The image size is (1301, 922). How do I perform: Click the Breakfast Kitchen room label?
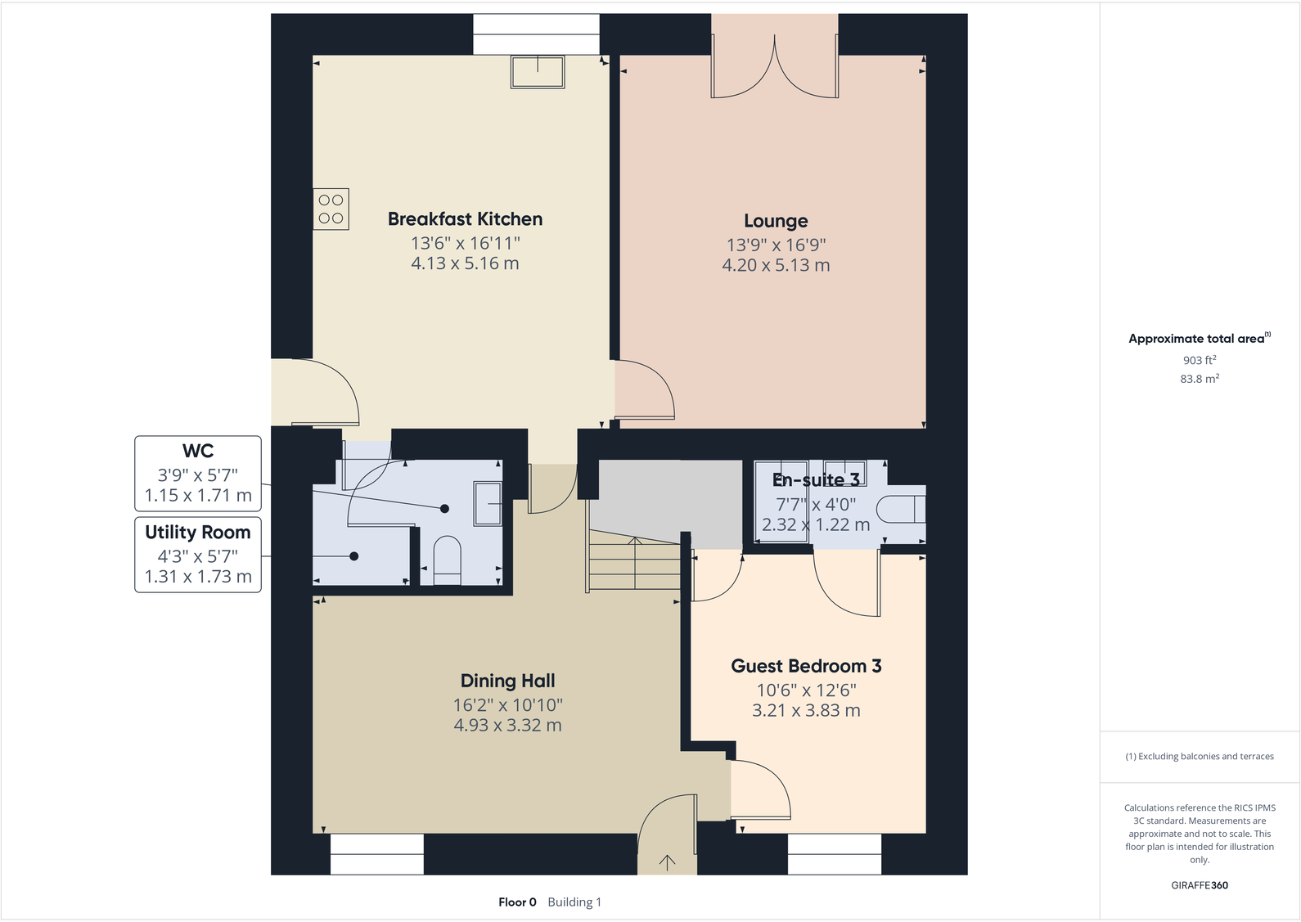(465, 219)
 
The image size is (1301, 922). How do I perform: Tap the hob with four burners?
(331, 209)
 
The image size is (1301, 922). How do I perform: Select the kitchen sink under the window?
(538, 71)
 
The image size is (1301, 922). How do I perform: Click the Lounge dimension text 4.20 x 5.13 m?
(776, 265)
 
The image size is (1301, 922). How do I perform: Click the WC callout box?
(198, 473)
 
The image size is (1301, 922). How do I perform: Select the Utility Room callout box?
(198, 554)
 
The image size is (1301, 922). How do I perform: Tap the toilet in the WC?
(447, 559)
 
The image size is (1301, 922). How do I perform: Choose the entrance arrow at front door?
(667, 861)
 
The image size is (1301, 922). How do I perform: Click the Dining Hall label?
(507, 681)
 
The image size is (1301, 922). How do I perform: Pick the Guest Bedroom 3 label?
(806, 666)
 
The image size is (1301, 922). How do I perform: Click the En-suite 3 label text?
(816, 480)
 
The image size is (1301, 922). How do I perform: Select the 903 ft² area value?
(1199, 360)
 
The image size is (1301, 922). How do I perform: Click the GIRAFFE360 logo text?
(1199, 885)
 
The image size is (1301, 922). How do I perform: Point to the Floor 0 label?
(517, 902)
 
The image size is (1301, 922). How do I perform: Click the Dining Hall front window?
(377, 853)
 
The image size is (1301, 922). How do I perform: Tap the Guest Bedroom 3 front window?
(835, 853)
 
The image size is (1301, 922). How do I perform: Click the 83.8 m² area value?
(1199, 379)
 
